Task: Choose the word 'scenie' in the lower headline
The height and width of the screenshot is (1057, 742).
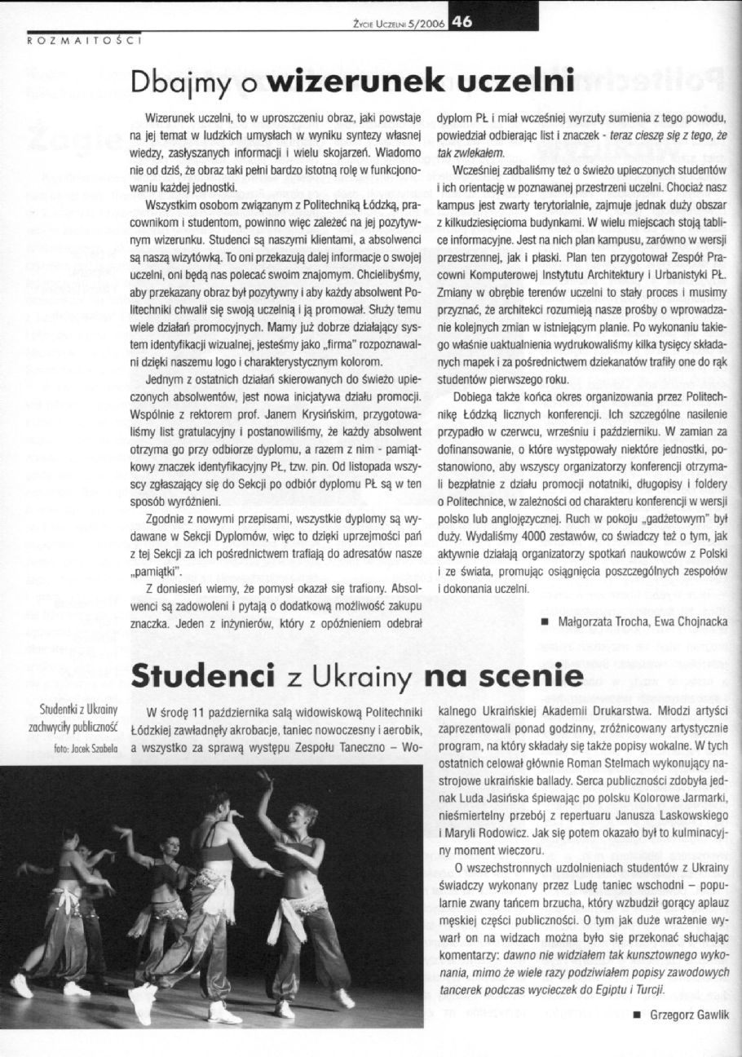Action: [533, 676]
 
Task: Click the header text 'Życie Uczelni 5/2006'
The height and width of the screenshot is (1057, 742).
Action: [395, 25]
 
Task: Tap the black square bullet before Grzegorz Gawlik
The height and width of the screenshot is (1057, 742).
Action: [634, 1014]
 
